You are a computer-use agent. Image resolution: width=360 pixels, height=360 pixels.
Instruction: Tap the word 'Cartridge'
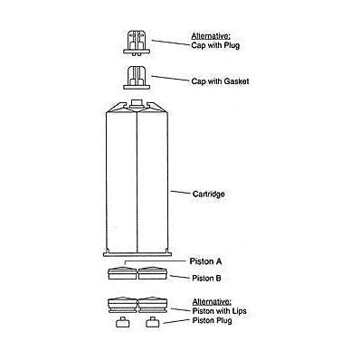(209, 193)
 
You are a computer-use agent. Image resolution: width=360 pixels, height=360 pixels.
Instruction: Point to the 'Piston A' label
(205, 261)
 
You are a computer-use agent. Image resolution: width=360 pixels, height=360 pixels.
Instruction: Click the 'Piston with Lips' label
(219, 309)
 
